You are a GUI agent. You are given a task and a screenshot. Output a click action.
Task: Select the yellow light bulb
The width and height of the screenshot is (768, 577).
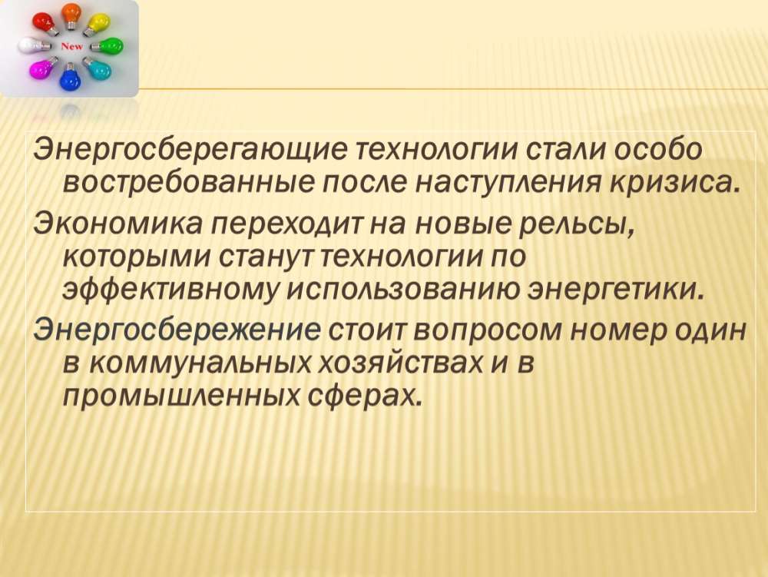point(98,24)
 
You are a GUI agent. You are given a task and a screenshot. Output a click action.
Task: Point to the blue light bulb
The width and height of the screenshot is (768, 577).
point(70,78)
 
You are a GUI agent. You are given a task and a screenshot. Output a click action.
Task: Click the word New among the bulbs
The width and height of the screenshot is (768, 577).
point(72,47)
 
